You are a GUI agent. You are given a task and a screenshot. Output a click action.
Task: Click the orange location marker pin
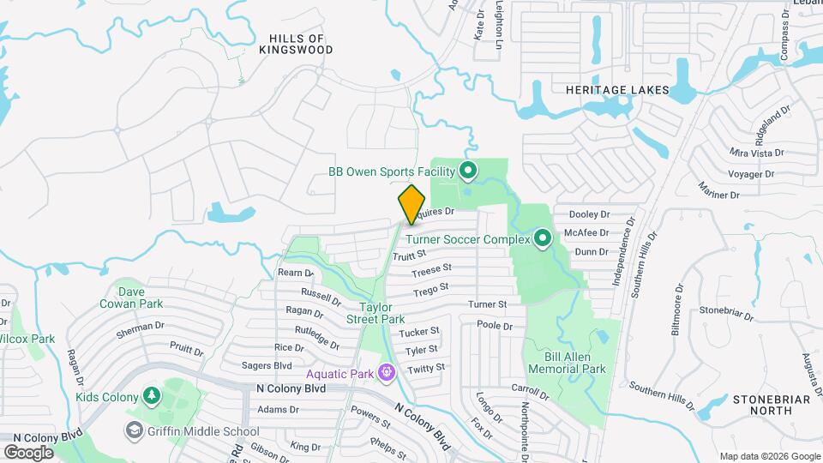pyautogui.click(x=411, y=203)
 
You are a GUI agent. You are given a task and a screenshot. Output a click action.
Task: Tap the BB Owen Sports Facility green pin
pyautogui.click(x=467, y=171)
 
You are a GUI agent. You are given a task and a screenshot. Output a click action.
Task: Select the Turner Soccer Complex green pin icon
pyautogui.click(x=542, y=238)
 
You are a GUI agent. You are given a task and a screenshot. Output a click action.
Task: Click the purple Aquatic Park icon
pyautogui.click(x=387, y=373)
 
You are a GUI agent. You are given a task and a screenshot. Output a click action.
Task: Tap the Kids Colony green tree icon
pyautogui.click(x=152, y=395)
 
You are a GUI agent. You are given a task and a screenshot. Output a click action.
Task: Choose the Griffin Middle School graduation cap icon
pyautogui.click(x=135, y=430)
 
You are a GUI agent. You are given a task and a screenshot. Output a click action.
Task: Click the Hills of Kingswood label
pyautogui.click(x=296, y=45)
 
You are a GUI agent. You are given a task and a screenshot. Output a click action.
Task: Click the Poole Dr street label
pyautogui.click(x=495, y=326)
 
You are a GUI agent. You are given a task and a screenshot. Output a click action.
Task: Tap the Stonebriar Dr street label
pyautogui.click(x=725, y=310)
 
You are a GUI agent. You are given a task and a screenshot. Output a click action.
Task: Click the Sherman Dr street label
pyautogui.click(x=143, y=327)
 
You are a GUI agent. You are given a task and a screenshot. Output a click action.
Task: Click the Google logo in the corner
pyautogui.click(x=28, y=452)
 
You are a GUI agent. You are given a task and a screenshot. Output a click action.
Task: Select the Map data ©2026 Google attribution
pyautogui.click(x=769, y=456)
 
